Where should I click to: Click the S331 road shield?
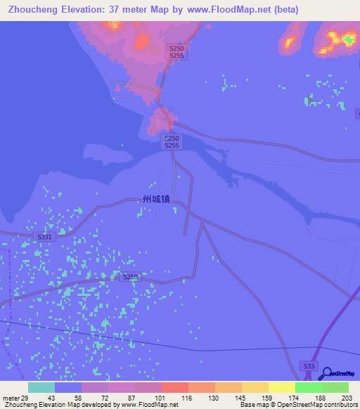click(45, 238)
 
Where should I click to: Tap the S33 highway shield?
click(308, 365)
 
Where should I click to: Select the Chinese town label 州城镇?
click(156, 200)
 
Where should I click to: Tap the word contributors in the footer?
click(339, 404)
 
